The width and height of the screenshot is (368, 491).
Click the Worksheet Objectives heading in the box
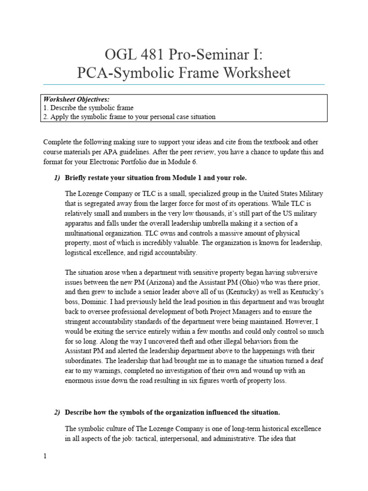[x=76, y=99]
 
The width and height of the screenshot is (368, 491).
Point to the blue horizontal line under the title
[x=184, y=84]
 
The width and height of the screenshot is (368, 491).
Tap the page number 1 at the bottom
[x=45, y=456]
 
